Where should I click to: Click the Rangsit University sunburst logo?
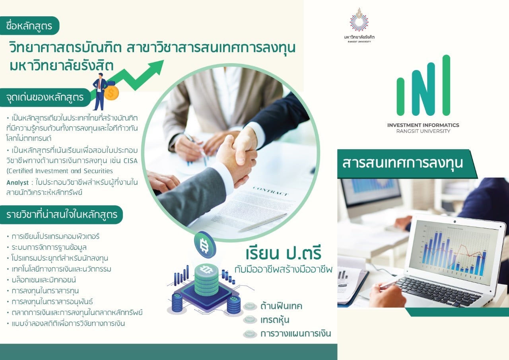[359, 21]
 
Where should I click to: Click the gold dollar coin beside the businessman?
[112, 93]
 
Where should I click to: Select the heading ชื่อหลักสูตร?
[29, 26]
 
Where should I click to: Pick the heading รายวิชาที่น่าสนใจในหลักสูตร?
[62, 215]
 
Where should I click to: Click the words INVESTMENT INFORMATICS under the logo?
[423, 125]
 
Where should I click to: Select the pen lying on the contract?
[263, 222]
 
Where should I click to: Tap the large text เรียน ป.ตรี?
[283, 253]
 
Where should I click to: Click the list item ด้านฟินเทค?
[281, 306]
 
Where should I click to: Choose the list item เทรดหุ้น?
[275, 320]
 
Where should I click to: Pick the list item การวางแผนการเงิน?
[295, 333]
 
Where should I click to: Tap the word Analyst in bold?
[17, 183]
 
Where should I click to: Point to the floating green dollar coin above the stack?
[205, 245]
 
